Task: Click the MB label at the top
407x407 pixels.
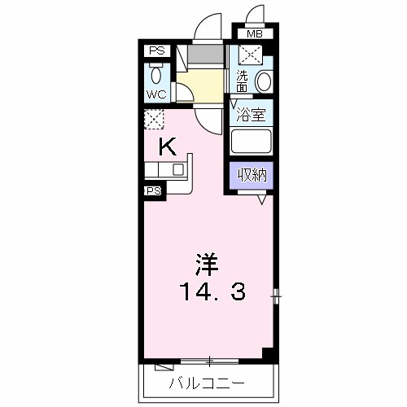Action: click(255, 34)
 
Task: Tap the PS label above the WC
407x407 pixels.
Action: click(156, 51)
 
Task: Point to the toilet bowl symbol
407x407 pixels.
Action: click(156, 76)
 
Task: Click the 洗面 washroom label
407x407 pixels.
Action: click(241, 81)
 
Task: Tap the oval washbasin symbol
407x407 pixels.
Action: click(263, 81)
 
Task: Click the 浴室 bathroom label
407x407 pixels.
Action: click(251, 115)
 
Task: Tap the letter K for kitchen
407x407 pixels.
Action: click(167, 147)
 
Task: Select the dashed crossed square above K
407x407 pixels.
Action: click(153, 120)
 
